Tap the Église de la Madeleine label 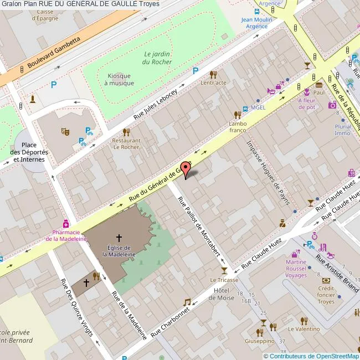click(119, 251)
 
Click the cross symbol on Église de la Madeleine click(119, 237)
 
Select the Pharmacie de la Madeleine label click(66, 235)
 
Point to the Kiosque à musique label click(119, 79)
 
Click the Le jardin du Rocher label click(158, 58)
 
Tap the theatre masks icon click(65, 131)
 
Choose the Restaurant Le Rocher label click(126, 144)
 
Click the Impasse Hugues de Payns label click(269, 172)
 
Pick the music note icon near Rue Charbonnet click(187, 302)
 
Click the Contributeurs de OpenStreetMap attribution click(311, 356)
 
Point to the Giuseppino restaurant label click(260, 342)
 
